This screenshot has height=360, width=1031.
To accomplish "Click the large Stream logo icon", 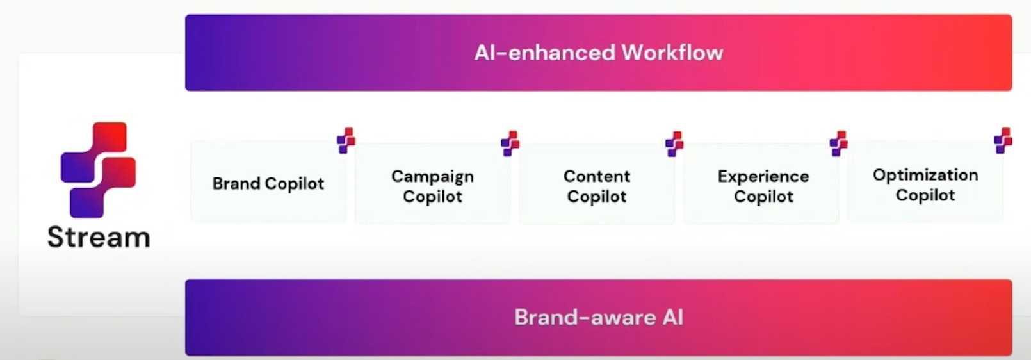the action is tap(98, 169).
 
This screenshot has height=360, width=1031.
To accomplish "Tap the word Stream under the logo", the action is tap(99, 237).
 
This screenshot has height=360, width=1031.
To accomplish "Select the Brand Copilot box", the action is tap(268, 182).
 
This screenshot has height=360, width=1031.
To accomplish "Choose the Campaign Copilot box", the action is tap(433, 183).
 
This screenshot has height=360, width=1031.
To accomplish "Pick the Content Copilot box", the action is tap(597, 183).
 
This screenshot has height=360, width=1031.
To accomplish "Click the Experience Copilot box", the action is tap(761, 183).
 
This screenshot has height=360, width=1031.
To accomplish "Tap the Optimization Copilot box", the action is tap(925, 182).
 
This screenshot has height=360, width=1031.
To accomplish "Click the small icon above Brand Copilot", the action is tap(346, 141).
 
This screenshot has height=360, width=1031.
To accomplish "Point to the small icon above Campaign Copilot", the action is tap(510, 143).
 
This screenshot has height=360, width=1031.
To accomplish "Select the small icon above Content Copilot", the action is tap(674, 143).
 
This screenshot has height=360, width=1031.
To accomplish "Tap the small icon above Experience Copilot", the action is tap(839, 143).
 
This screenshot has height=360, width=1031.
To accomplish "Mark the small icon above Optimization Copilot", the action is tap(1003, 141).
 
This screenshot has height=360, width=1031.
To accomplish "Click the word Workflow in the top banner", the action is tap(672, 52).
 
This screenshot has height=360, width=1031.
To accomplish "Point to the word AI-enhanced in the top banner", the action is tap(544, 53).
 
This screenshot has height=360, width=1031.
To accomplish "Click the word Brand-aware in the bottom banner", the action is tap(585, 317).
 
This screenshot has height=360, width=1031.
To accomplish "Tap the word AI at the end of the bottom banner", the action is tap(673, 317).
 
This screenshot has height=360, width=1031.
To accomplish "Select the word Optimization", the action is tap(925, 176).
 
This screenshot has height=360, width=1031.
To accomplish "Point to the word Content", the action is tap(597, 176).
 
